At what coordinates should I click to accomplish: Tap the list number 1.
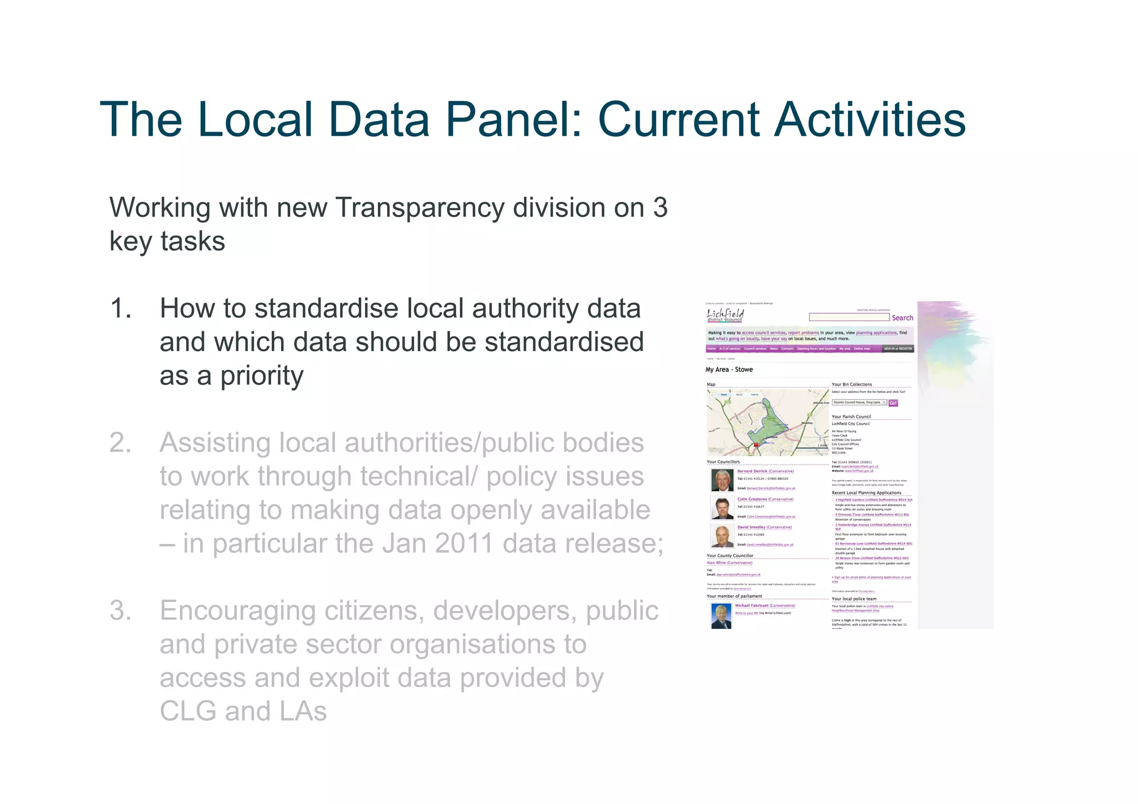point(121,308)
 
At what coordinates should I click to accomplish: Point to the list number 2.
point(121,443)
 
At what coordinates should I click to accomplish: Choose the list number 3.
point(121,611)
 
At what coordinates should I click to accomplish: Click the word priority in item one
point(262,376)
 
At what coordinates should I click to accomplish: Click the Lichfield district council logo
point(725,316)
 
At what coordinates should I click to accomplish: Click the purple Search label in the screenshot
point(902,318)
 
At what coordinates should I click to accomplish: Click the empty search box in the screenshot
point(848,317)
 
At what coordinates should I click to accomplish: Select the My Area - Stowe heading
point(729,369)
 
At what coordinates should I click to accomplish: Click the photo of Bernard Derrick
point(722,480)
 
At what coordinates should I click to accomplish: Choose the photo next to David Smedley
point(722,536)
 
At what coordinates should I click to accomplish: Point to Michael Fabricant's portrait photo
point(721,616)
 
